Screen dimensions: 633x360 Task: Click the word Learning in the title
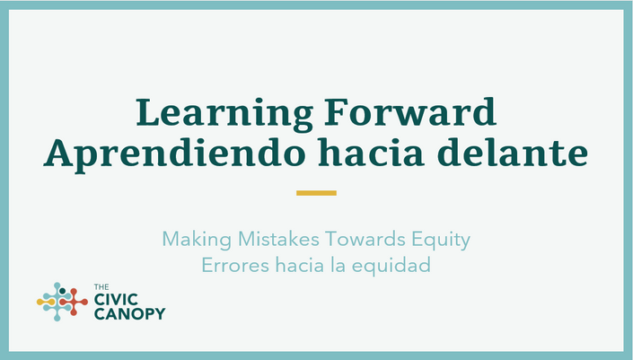[224, 114]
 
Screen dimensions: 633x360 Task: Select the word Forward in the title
[409, 112]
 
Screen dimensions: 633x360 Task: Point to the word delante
[513, 152]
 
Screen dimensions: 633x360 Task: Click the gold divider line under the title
[316, 193]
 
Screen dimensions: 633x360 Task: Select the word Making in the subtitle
[197, 240]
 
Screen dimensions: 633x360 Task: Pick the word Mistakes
[278, 239]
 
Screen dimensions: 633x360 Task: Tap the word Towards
[365, 239]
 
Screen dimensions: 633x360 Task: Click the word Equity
[441, 240]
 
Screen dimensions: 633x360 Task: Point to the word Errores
[235, 265]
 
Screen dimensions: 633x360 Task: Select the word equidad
[391, 266]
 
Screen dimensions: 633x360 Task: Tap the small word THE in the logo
[101, 287]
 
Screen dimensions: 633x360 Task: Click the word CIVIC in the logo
[116, 300]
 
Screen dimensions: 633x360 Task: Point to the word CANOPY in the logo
[129, 313]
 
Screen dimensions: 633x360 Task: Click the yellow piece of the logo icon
[45, 302]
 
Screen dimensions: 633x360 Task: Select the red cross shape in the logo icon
[74, 302]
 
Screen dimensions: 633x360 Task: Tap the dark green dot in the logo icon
[62, 291]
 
